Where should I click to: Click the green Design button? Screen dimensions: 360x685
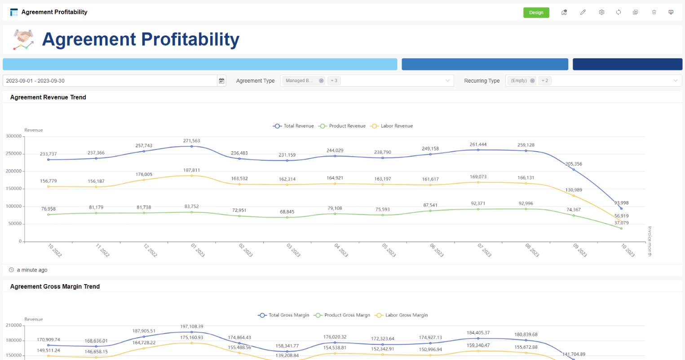[x=536, y=13]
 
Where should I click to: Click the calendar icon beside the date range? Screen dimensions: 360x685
[x=221, y=81]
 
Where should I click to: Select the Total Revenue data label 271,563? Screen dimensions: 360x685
[x=191, y=141]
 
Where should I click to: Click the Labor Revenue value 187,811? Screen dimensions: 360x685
[x=191, y=171]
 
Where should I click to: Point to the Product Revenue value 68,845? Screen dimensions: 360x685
[x=287, y=212]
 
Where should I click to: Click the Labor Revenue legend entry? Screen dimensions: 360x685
[x=391, y=126]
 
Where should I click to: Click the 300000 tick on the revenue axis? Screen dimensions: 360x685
[x=13, y=136]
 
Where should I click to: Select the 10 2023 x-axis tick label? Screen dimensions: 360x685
[x=628, y=250]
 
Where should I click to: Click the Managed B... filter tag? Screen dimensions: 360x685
[x=299, y=81]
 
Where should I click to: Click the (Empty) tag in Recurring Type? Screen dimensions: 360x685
[x=519, y=81]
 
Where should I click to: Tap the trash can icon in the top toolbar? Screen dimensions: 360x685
[x=654, y=13]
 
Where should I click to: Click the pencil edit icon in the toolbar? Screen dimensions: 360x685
[x=583, y=13]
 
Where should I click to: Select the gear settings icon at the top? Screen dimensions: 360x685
[x=601, y=13]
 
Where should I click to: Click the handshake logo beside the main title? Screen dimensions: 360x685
[x=23, y=40]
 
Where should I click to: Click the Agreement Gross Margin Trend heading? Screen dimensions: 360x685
[x=55, y=286]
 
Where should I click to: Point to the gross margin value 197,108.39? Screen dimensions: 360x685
[x=191, y=326]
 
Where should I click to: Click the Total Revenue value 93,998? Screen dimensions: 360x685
[x=621, y=203]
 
